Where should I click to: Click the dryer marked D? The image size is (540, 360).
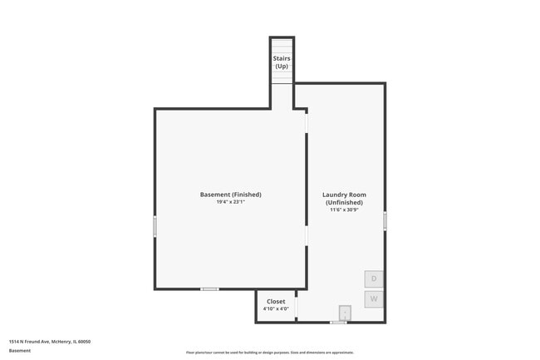coord(374,279)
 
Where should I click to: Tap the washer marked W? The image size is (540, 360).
coord(374,298)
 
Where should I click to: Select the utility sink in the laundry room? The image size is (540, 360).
coord(344,313)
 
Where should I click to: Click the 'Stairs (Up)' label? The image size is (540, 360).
coord(282,62)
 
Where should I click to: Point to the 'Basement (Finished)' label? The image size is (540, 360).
coord(230,195)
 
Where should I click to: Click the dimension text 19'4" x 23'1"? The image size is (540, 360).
coord(230,202)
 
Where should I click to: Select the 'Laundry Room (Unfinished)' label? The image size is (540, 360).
coord(343,199)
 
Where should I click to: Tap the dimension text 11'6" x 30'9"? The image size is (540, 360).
coord(343,210)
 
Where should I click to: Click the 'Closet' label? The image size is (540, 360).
coord(276,301)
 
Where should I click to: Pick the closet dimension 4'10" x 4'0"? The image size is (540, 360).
coord(276,308)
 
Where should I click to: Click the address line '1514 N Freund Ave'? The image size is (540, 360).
coord(50,341)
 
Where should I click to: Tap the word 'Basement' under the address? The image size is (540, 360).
coord(20,350)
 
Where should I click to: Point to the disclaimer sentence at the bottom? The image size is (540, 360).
coord(269,353)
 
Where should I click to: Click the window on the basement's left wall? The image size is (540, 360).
coord(155,226)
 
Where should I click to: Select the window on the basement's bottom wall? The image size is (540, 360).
coord(210,289)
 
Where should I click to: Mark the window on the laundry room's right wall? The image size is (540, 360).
coord(385,220)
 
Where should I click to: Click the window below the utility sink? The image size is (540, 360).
coord(338,323)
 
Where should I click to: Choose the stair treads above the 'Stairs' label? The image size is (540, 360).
coord(282,45)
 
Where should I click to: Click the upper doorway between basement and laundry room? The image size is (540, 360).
coord(307,123)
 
